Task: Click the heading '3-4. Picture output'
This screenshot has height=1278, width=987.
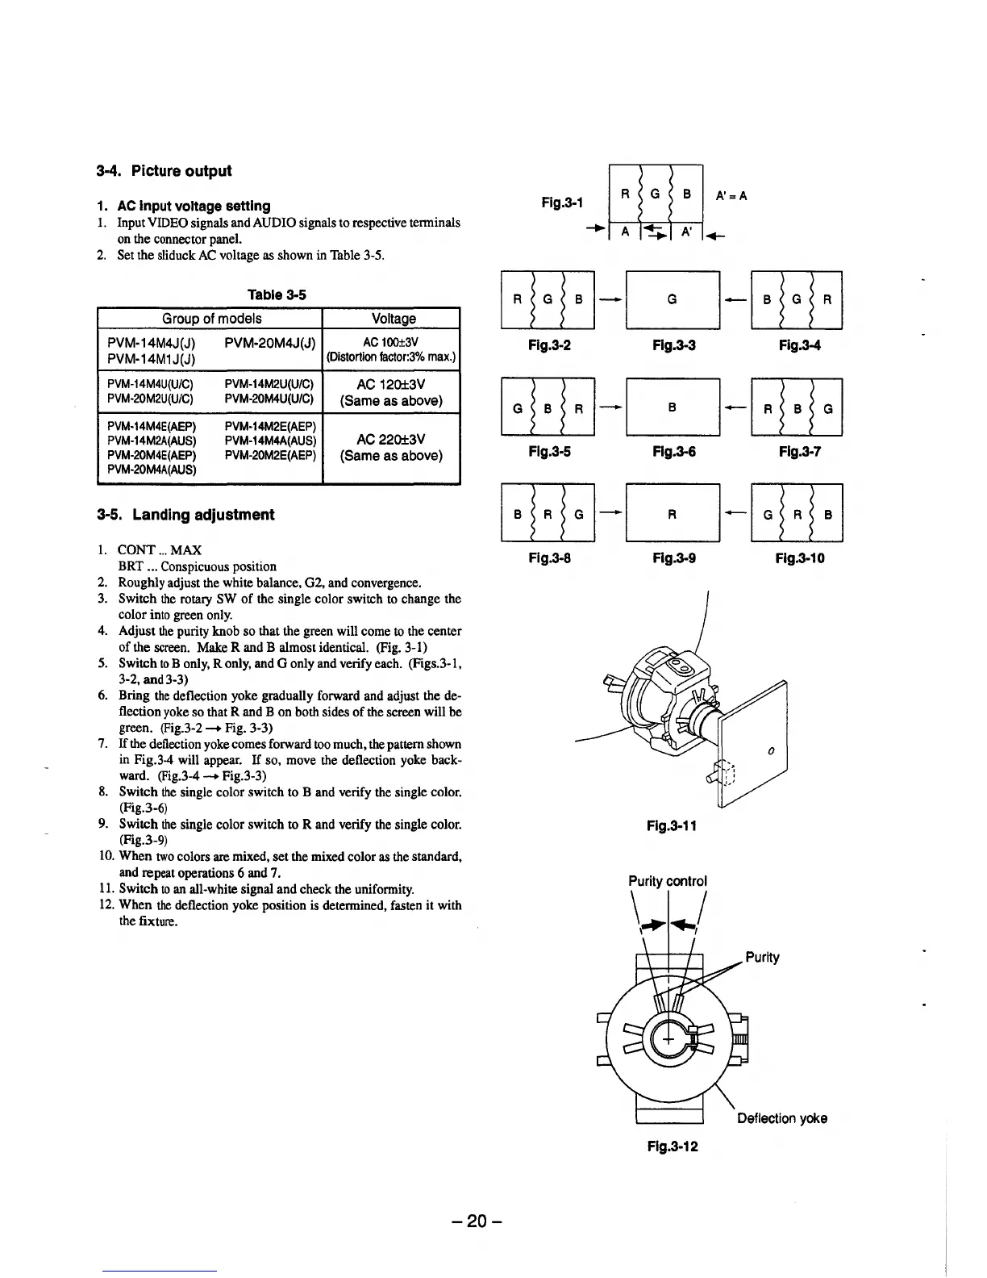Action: click(x=164, y=171)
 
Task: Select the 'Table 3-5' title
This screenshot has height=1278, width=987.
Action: click(x=278, y=294)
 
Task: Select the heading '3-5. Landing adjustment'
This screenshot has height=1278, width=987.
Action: click(x=185, y=515)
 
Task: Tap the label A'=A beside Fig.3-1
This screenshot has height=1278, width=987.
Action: click(x=731, y=195)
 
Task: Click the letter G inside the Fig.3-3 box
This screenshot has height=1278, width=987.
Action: click(x=672, y=300)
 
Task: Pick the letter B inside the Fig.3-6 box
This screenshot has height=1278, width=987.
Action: click(x=672, y=407)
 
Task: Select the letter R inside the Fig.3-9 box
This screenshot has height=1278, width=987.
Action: click(x=672, y=513)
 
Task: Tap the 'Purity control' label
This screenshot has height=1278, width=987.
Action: click(x=668, y=881)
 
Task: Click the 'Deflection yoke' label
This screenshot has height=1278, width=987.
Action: click(x=782, y=1118)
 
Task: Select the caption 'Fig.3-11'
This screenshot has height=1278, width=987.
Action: click(x=671, y=825)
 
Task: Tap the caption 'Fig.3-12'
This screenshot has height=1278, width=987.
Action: click(x=672, y=1146)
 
